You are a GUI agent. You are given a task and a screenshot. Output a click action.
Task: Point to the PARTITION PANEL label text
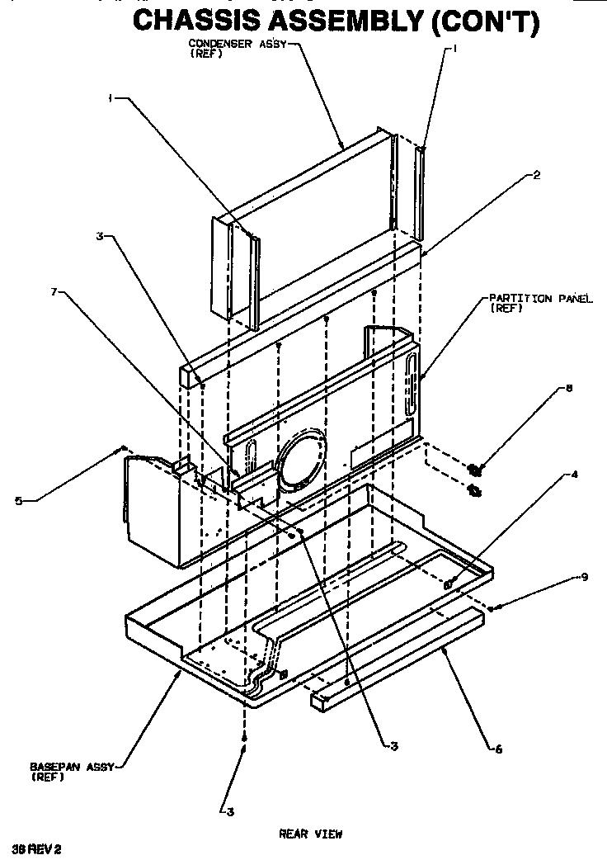pyautogui.click(x=540, y=302)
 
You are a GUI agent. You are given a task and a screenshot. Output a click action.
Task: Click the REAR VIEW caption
pyautogui.click(x=310, y=834)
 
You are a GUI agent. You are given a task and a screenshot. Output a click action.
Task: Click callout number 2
pyautogui.click(x=536, y=174)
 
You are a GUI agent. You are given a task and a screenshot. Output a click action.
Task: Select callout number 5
pyautogui.click(x=18, y=499)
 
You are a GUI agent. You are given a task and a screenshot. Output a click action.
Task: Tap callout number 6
pyautogui.click(x=498, y=749)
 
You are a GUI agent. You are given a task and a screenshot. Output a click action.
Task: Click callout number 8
pyautogui.click(x=568, y=388)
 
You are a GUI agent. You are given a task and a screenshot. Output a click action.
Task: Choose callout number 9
pyautogui.click(x=584, y=577)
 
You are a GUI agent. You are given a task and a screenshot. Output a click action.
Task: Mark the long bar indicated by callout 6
pyautogui.click(x=396, y=661)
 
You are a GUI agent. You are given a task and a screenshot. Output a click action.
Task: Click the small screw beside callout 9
pyautogui.click(x=490, y=609)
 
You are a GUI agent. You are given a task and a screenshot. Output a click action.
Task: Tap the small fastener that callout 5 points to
pyautogui.click(x=123, y=449)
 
